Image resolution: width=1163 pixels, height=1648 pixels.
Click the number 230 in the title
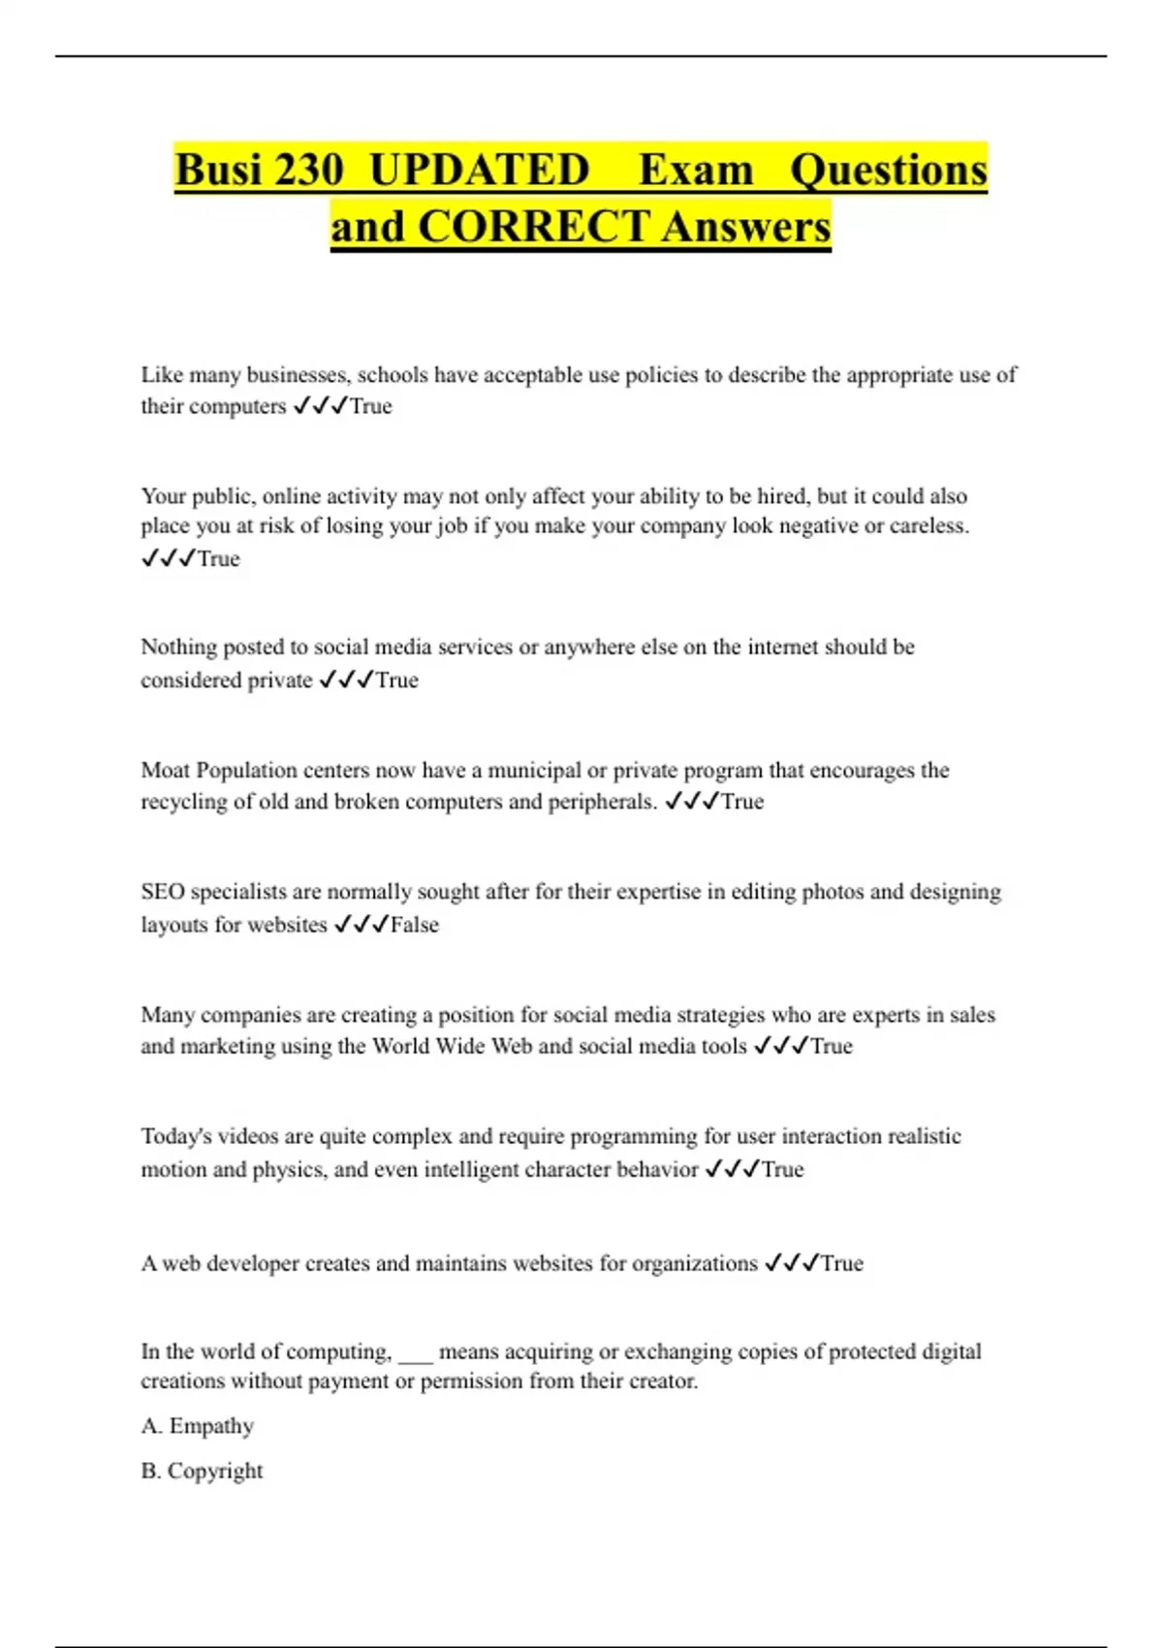point(309,170)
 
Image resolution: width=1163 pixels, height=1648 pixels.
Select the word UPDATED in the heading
point(480,170)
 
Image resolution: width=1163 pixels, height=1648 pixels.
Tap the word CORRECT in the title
point(533,227)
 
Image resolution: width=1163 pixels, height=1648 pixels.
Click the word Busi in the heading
point(219,170)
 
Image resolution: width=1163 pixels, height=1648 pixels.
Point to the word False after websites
point(414,925)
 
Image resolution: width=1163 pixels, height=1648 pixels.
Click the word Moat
point(166,771)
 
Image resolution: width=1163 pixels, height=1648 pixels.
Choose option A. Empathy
point(198,1426)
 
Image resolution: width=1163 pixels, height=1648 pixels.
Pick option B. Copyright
point(202,1471)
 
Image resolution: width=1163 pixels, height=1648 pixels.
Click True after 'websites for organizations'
point(841,1263)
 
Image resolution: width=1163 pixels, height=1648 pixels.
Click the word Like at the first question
point(162,375)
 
